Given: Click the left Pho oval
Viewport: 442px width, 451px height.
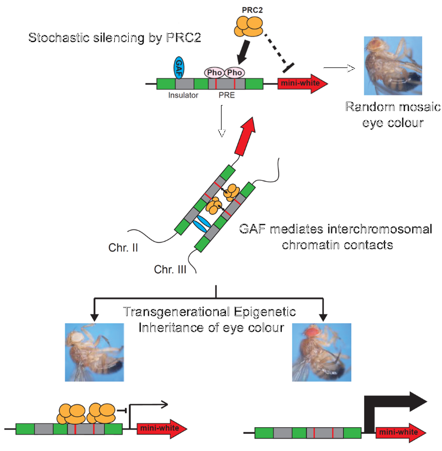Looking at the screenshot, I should click(x=215, y=72).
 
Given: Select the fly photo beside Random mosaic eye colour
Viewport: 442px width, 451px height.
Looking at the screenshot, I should click(x=393, y=65).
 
